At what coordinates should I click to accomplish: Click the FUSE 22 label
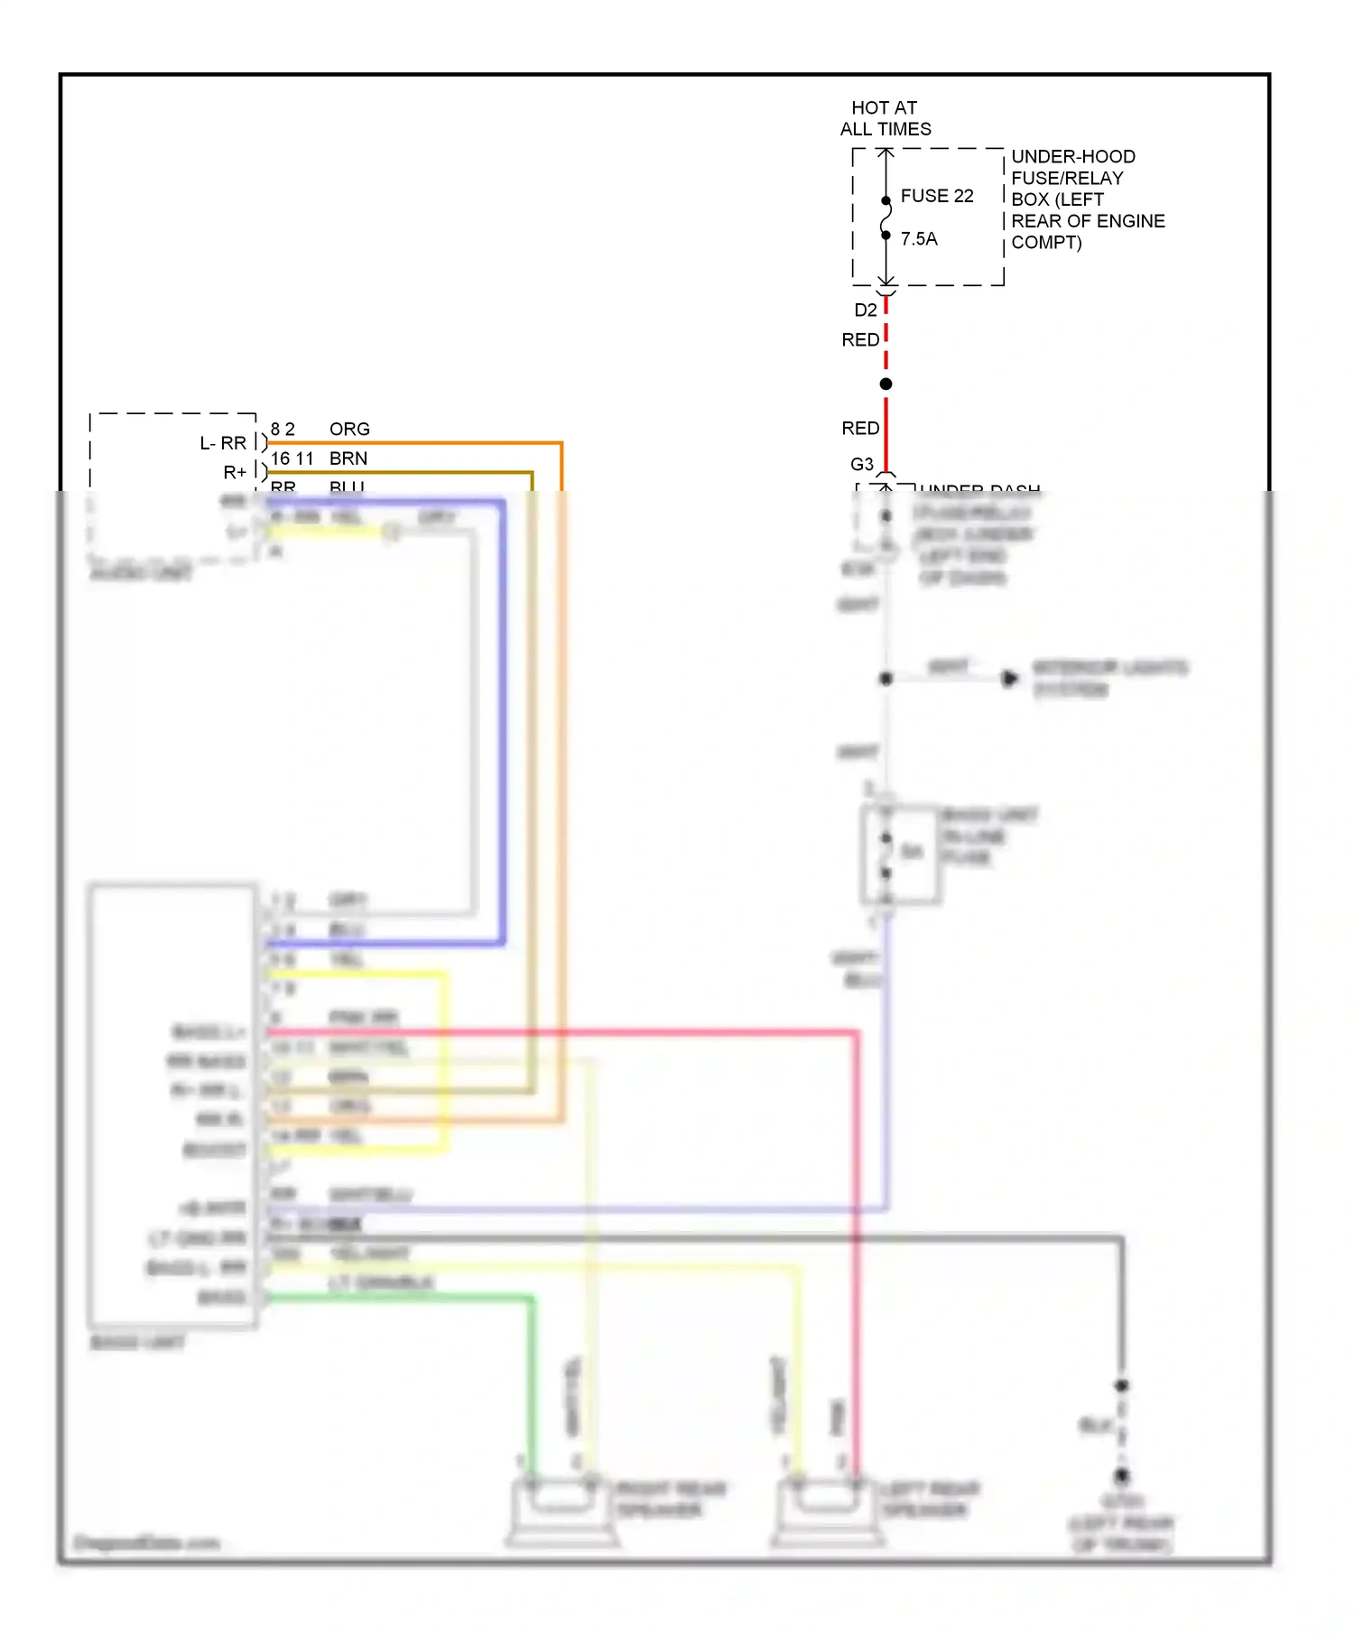click(936, 196)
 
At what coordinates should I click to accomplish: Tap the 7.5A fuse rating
click(918, 239)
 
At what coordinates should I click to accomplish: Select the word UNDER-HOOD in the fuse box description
click(1072, 156)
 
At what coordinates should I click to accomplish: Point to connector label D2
click(865, 310)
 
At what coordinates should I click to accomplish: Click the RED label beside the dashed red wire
click(859, 340)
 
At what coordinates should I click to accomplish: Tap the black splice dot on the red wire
click(886, 384)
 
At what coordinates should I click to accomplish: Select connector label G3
click(861, 465)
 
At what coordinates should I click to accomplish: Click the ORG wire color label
click(349, 430)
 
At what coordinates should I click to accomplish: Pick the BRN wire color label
click(348, 459)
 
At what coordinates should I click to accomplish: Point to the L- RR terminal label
click(223, 444)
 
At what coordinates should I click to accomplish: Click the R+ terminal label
click(235, 473)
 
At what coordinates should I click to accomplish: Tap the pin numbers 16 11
click(292, 459)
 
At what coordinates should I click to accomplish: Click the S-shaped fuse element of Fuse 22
click(886, 217)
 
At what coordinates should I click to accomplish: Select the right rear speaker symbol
click(561, 1511)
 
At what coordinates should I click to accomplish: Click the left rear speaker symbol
click(827, 1511)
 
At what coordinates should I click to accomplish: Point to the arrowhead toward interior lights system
click(1009, 678)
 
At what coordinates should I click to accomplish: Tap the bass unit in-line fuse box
click(899, 854)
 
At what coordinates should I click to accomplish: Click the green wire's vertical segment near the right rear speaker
click(532, 1381)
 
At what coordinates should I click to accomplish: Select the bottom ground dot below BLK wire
click(1121, 1476)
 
